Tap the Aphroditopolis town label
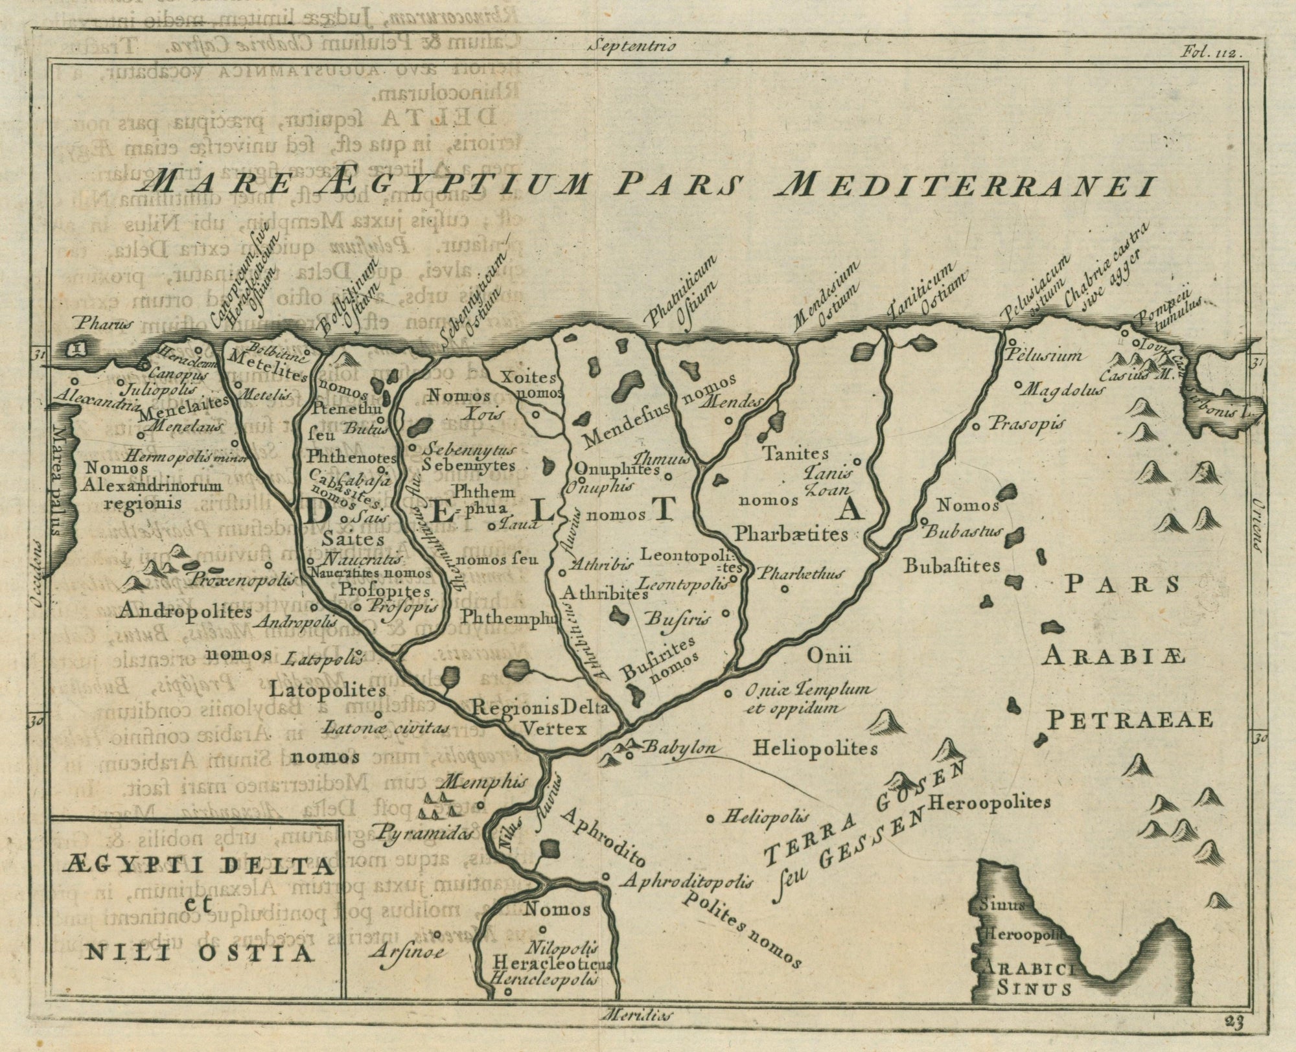[x=688, y=882]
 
